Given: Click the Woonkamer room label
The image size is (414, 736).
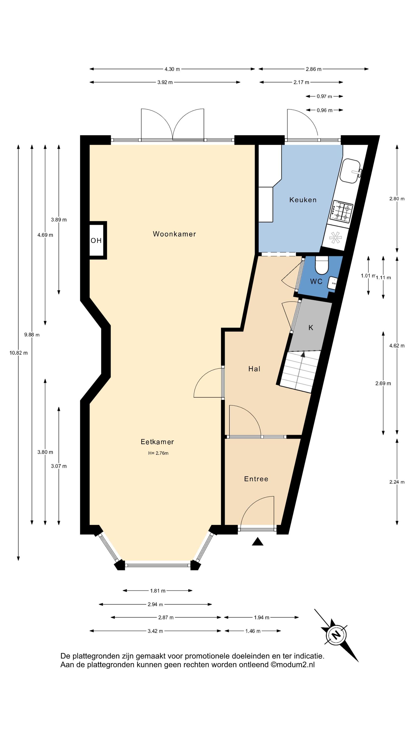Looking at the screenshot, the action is coord(174,234).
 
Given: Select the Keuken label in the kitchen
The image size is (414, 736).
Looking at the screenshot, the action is coord(303,200).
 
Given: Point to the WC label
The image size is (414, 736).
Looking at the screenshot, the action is coord(316,281).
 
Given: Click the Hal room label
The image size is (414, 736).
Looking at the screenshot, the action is coord(254,369).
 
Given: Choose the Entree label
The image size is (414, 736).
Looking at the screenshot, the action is coord(256,479).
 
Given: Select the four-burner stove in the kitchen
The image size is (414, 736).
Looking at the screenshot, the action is coord(342,212).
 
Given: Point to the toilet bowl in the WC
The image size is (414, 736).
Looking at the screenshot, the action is coord(322,265).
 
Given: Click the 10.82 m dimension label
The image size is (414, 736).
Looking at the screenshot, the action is coord(19,353).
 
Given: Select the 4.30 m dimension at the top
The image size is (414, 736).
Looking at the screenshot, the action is coord(172,69).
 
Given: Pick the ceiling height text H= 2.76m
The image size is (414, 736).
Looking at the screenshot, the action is coord(158,453).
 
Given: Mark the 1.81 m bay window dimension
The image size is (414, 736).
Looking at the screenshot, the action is coord(158,591).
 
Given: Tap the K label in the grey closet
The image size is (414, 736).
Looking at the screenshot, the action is coord(311,328).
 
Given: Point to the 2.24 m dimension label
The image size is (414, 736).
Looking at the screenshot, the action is coord(397,482).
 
